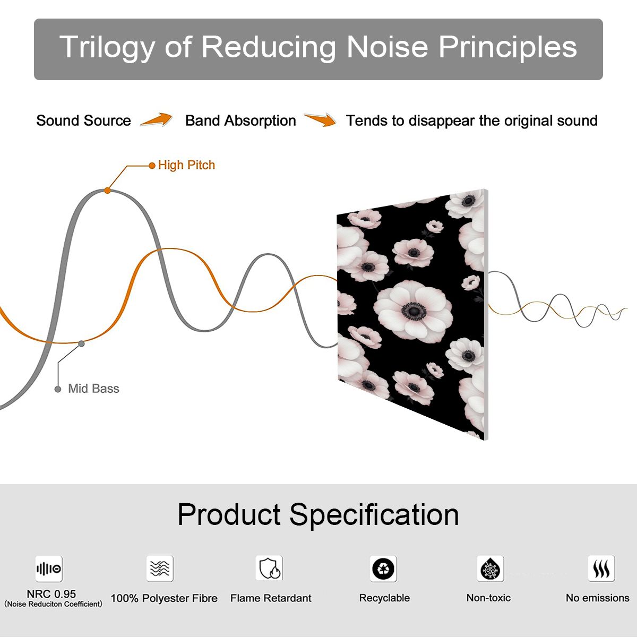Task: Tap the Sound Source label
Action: point(84,120)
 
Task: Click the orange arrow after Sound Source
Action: point(157,119)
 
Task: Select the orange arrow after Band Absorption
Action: point(320,119)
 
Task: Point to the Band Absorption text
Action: point(240,120)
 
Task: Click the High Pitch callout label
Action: point(186,165)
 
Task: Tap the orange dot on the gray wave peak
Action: point(107,191)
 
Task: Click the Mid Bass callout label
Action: point(93,389)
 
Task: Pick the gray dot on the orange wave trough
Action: point(81,344)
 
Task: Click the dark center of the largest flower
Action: point(414,311)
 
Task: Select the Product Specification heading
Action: point(318,515)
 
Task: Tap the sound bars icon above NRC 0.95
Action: point(49,569)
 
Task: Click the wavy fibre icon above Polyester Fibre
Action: point(160,568)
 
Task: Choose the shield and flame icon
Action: point(270,568)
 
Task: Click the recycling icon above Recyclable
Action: point(383,569)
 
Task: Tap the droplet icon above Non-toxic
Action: point(490,569)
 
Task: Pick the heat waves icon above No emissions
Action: point(601,569)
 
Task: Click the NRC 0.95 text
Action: point(51,594)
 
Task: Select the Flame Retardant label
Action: point(271,598)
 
